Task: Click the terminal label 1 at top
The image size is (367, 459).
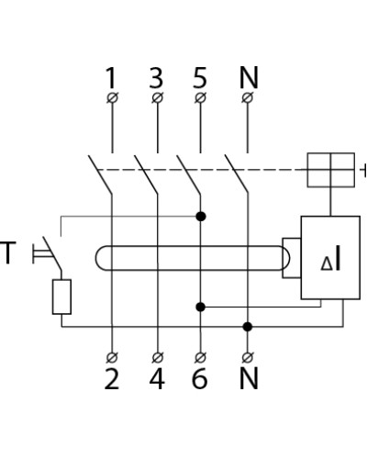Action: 111,77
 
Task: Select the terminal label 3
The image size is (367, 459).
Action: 156,77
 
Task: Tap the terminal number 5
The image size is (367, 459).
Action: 200,77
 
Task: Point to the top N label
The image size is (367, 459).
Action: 249,77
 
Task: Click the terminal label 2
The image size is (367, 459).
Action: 112,378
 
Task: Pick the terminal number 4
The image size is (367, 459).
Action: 157,378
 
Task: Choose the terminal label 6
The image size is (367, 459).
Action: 200,378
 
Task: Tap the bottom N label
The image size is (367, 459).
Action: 249,378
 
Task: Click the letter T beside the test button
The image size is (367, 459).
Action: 7,252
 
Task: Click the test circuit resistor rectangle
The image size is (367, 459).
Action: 61,297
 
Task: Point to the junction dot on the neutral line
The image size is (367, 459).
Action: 248,327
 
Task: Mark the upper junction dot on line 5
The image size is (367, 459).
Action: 201,217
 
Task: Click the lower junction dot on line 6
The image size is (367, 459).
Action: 200,307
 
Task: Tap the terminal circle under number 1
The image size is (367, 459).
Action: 112,98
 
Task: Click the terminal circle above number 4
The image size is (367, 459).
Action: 158,357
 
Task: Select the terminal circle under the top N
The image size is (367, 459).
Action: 248,98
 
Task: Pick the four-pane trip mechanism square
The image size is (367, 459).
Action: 331,170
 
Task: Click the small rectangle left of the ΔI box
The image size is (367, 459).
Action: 292,258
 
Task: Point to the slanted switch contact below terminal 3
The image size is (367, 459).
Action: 146,174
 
